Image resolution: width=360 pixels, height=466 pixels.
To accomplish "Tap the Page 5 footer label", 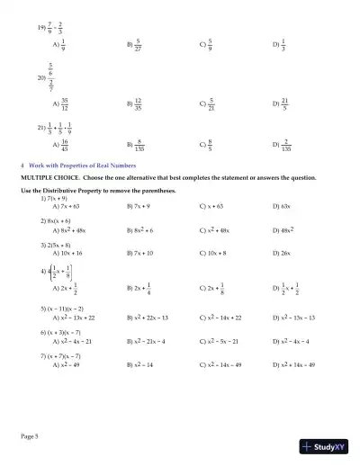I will [x=30, y=435].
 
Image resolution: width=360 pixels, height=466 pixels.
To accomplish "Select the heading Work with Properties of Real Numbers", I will [x=78, y=166].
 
